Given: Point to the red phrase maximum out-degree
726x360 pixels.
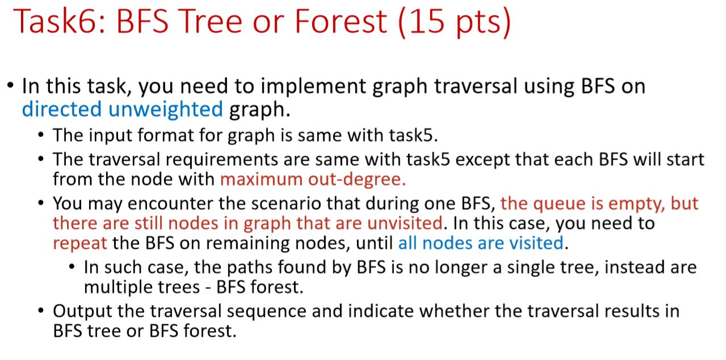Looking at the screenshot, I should tap(313, 179).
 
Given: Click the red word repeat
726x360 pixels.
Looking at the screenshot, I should tap(80, 243).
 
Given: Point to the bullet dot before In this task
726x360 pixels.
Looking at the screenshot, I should tap(11, 87).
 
